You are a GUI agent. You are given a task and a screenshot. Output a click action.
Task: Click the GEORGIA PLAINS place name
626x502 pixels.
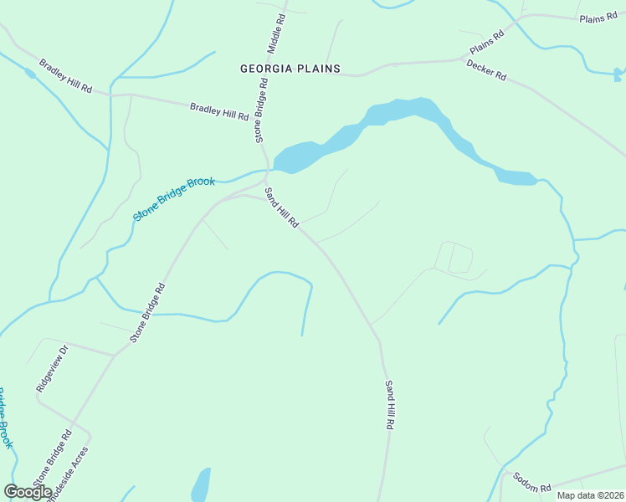click(x=290, y=69)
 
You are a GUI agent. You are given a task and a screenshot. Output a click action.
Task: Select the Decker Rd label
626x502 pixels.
click(x=486, y=69)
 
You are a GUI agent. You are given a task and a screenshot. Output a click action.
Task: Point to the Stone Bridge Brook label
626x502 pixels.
click(x=174, y=198)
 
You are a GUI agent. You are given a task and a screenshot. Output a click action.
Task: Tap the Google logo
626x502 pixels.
click(x=28, y=491)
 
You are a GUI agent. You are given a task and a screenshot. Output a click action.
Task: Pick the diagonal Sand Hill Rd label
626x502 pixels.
click(x=282, y=208)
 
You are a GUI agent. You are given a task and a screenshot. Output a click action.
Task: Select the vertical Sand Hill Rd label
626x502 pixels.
click(x=389, y=404)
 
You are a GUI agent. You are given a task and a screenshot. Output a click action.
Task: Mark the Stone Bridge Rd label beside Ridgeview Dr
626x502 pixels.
click(x=52, y=455)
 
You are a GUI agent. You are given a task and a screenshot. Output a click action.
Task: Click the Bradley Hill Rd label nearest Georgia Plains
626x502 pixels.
click(x=219, y=110)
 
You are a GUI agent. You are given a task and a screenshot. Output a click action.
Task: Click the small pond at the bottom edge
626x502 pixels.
click(x=201, y=485)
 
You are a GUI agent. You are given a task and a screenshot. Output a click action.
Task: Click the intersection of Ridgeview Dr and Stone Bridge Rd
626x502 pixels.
click(x=115, y=355)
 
